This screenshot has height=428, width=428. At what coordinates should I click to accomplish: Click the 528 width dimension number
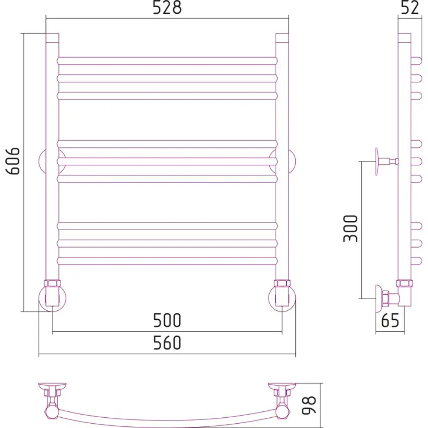167,8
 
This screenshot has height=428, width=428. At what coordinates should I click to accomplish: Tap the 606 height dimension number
13,161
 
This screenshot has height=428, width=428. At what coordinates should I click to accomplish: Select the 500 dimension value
167,320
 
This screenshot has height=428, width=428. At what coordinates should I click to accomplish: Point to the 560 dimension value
167,343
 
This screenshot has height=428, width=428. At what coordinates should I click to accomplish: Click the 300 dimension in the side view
350,228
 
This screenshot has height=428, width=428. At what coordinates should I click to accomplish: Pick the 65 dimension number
390,320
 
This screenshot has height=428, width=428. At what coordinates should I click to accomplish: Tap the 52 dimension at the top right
410,8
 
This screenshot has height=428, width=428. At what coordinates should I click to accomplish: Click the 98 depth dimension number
309,405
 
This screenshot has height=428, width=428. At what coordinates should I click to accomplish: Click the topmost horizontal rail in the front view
167,61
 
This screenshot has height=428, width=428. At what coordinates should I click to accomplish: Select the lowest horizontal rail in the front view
167,261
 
